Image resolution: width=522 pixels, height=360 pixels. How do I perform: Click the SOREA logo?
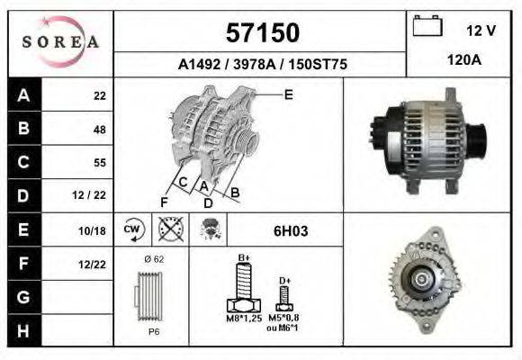pos(60,41)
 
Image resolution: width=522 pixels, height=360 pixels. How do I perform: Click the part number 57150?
pos(263,32)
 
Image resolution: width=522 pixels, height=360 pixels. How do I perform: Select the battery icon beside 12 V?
pos(427,26)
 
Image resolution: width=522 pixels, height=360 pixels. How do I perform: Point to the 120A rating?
pos(464,60)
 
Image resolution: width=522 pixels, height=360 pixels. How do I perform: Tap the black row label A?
pos(24,94)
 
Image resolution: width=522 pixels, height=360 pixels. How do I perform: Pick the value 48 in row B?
pos(100,130)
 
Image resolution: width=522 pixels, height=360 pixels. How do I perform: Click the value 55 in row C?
pos(100,163)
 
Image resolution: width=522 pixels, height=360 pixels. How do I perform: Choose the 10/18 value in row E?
pos(92,230)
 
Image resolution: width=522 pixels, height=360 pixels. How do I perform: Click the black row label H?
pos(24,330)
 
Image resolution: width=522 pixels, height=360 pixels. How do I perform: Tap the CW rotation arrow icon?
pos(133,229)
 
